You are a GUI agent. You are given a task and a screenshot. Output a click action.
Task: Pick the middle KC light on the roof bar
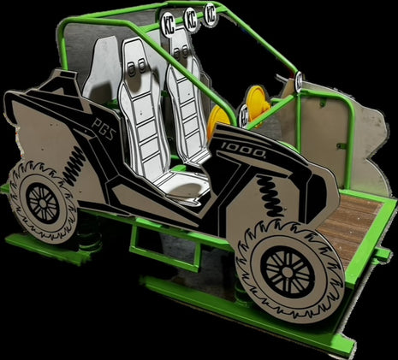(188, 16)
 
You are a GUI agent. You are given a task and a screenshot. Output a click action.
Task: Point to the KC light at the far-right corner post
(299, 80)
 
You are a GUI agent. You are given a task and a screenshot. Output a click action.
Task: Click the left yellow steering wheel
(218, 121)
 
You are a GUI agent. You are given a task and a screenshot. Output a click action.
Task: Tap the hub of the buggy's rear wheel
(42, 202)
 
